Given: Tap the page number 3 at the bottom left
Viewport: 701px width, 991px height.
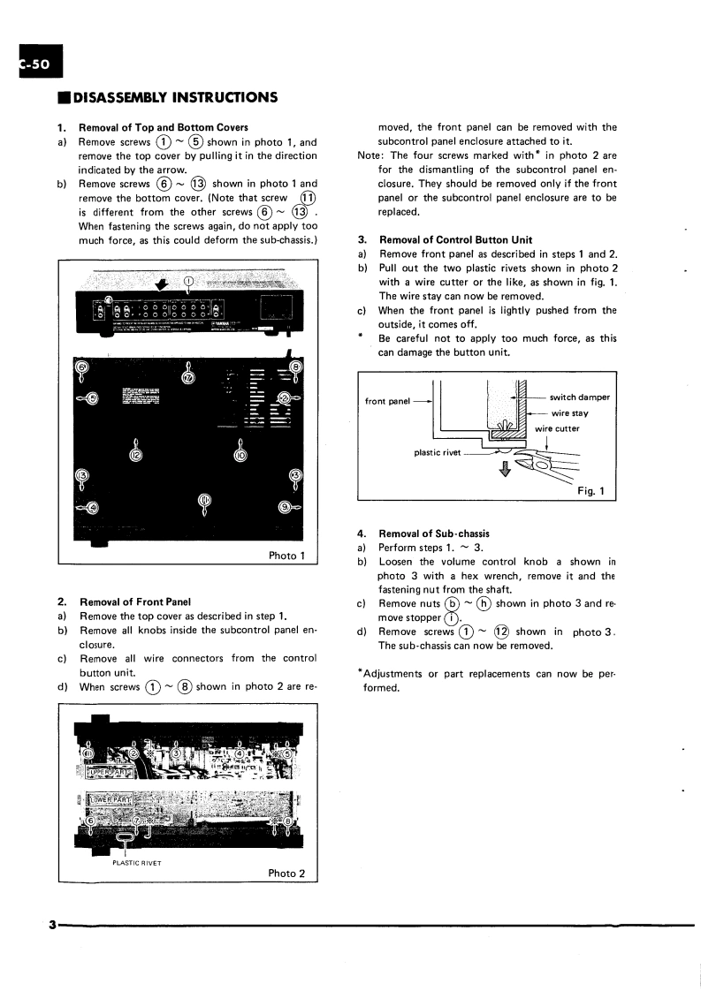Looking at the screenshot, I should [53, 924].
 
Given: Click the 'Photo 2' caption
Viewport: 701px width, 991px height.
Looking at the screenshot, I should [286, 874].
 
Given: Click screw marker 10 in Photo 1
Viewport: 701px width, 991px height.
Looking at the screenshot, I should [241, 455].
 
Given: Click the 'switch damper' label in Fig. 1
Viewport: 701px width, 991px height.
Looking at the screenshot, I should [580, 397].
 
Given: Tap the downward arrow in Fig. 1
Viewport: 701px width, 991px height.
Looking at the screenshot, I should [505, 468].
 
